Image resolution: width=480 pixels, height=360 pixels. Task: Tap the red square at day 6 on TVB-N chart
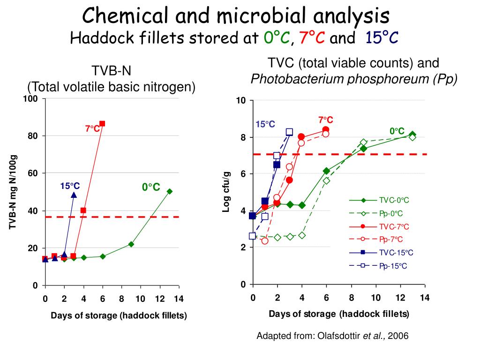[x=102, y=124]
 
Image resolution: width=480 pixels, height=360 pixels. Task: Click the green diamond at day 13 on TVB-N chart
[x=170, y=191]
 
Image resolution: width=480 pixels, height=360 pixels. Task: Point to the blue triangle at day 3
[x=74, y=195]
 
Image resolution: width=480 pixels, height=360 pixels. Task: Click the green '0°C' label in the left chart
[x=151, y=187]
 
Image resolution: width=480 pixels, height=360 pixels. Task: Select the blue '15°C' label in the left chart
[x=70, y=186]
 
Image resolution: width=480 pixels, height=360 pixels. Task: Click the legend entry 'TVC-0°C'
[x=394, y=200]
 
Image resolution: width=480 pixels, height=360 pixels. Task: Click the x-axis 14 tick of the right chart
[x=425, y=298]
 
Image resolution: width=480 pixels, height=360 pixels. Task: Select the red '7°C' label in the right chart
[x=325, y=120]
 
